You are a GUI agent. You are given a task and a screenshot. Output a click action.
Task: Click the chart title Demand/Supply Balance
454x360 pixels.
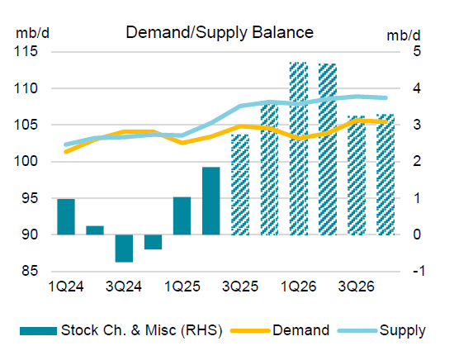pyautogui.click(x=219, y=33)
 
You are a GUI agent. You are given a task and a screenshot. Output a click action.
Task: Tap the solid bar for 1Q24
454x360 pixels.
pyautogui.click(x=66, y=216)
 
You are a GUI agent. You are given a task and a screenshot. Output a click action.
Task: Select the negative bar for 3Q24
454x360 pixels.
pyautogui.click(x=124, y=248)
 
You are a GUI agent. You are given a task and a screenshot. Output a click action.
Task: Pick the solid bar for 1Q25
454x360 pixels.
pyautogui.click(x=182, y=216)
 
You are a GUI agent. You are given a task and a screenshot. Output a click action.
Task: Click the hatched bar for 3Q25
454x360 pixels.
pyautogui.click(x=240, y=184)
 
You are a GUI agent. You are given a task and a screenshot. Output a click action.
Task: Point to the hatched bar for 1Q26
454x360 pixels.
pyautogui.click(x=298, y=149)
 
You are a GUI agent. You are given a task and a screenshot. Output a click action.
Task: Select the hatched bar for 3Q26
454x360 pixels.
pyautogui.click(x=357, y=175)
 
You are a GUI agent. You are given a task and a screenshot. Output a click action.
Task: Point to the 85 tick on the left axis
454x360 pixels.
pyautogui.click(x=30, y=272)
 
